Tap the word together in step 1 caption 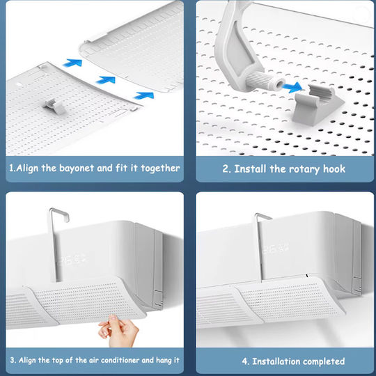coord(160,169)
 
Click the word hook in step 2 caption coord(334,169)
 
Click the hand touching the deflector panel coord(118,330)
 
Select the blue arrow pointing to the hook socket coord(292,87)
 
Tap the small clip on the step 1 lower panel coord(54,107)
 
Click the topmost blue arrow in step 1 coord(72,63)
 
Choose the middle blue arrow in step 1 coord(106,80)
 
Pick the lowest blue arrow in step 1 coord(144,95)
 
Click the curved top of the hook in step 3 coord(59,212)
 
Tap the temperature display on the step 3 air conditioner coord(72,260)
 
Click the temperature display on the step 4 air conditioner coord(275,249)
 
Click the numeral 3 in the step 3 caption coord(13,360)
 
